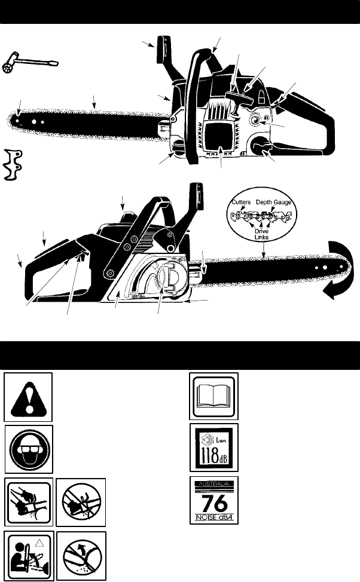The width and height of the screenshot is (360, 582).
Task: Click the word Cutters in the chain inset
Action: (x=242, y=203)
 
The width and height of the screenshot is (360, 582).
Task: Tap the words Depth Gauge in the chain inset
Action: (x=274, y=203)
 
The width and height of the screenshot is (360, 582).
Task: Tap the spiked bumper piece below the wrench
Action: (x=17, y=163)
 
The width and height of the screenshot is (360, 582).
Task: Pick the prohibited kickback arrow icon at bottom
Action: (x=82, y=553)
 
